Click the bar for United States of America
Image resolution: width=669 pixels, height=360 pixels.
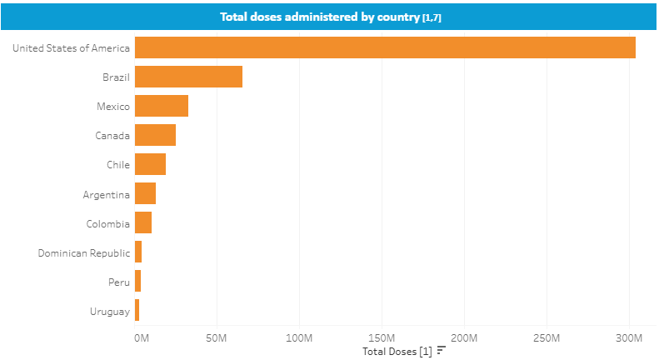point(385,47)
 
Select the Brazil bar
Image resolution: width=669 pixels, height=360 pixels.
point(188,77)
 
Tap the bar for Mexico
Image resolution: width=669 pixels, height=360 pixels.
point(162,106)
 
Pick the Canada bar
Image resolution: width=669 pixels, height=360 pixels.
point(155,135)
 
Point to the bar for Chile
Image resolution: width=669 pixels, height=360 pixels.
point(150,164)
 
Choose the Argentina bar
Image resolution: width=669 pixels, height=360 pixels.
point(145,193)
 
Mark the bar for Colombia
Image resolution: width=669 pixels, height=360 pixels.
point(143,222)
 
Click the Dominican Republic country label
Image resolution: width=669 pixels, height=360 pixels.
point(84,252)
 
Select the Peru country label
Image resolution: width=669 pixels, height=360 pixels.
point(119,282)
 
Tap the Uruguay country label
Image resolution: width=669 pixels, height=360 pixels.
point(110,312)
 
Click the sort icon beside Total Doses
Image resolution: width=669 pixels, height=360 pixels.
point(442,351)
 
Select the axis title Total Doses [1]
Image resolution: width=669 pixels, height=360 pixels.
point(397,351)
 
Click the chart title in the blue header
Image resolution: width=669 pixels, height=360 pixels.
point(330,17)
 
